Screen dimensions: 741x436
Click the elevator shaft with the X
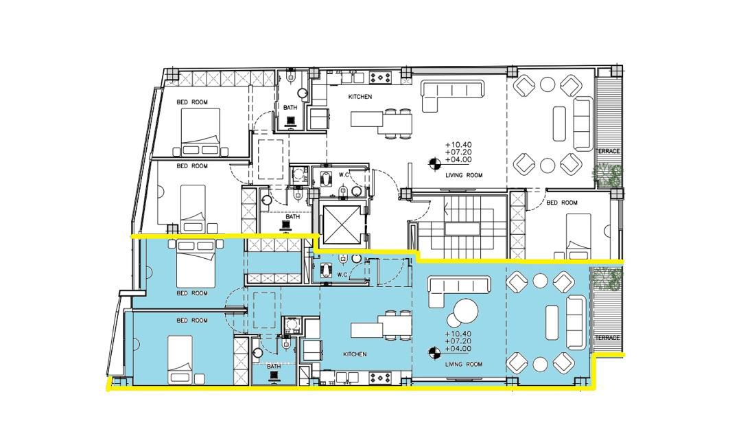tap(340, 224)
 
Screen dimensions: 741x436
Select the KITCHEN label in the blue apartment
tap(355, 354)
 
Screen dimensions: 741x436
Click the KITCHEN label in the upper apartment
tap(360, 96)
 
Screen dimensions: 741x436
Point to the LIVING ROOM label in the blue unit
tap(464, 364)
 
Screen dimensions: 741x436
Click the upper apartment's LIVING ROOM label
tap(464, 175)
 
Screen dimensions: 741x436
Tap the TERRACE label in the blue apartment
tap(607, 338)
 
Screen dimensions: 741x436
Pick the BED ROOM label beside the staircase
tap(562, 203)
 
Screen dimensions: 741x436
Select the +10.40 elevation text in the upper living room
tap(458, 145)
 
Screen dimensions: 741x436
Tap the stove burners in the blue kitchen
tap(380, 378)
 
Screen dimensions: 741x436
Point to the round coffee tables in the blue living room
tap(462, 312)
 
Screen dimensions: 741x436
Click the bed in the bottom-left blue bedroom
tap(180, 359)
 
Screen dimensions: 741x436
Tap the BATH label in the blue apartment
tap(274, 366)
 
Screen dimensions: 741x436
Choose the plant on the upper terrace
tap(608, 175)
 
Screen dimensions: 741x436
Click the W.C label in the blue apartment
tap(343, 275)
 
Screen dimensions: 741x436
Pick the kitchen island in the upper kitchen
tap(366, 119)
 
